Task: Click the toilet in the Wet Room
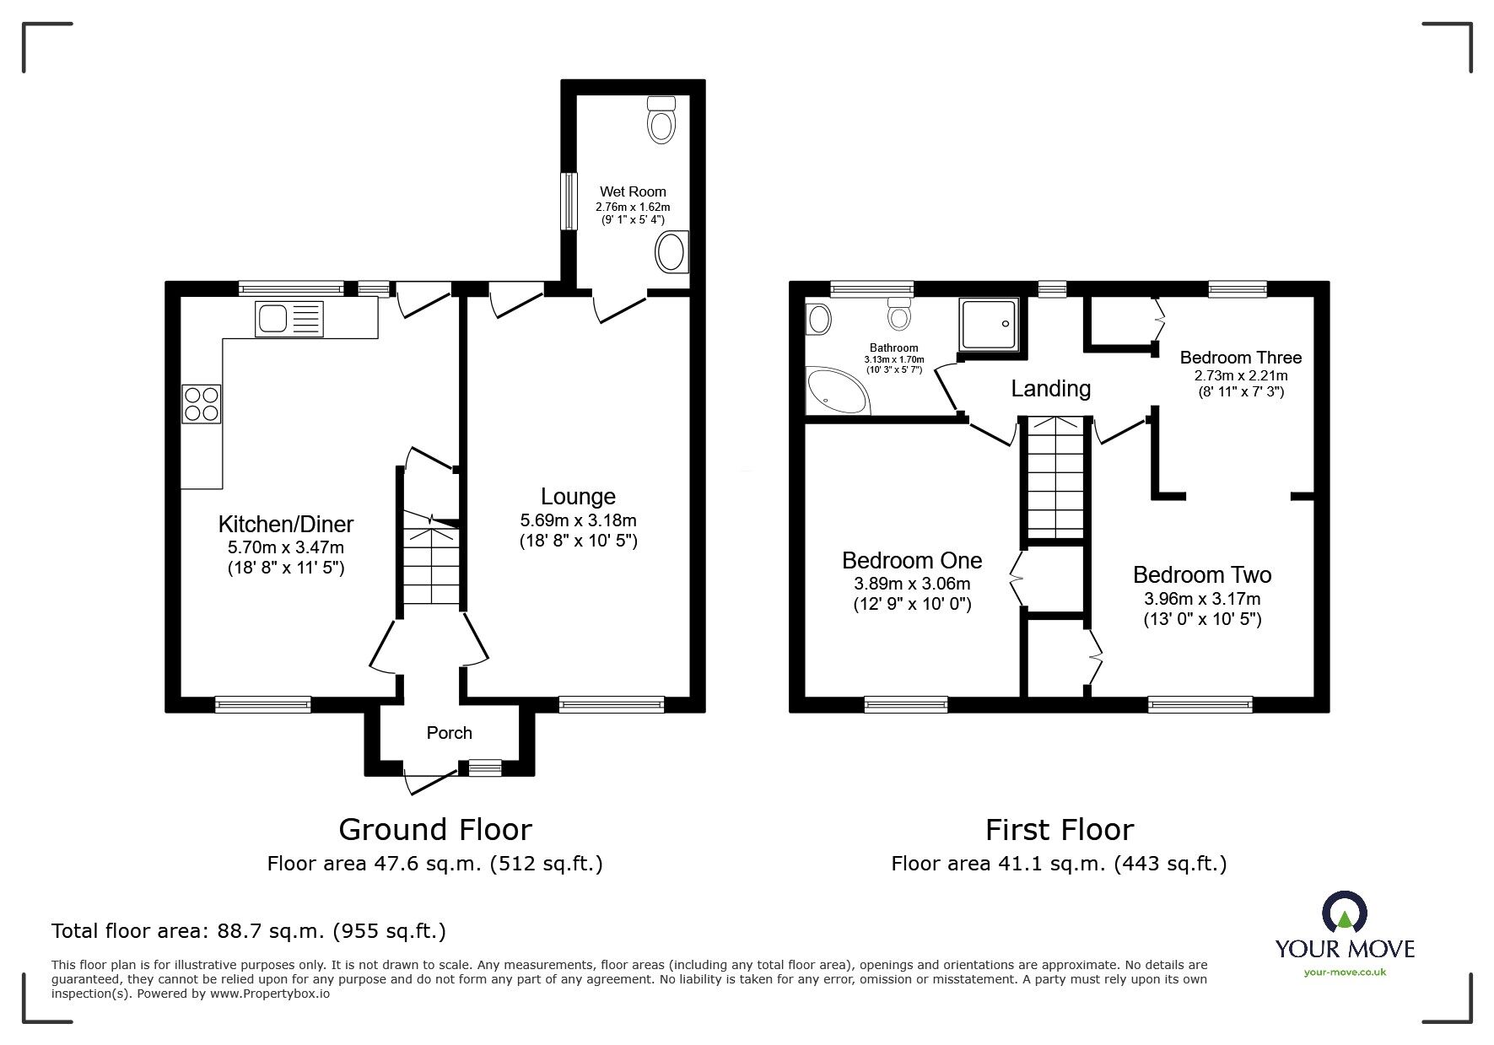(x=661, y=121)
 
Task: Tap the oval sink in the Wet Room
(x=671, y=251)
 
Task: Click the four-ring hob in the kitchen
(x=201, y=403)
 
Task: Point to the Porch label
(x=449, y=733)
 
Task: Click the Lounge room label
(x=578, y=497)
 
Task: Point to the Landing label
(x=1050, y=388)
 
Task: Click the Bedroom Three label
(x=1240, y=358)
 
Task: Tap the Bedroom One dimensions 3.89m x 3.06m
(x=912, y=584)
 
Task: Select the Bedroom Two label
(x=1201, y=575)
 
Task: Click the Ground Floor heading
(x=434, y=830)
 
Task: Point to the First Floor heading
(x=1059, y=830)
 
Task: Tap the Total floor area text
(x=249, y=931)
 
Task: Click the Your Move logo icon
(x=1344, y=913)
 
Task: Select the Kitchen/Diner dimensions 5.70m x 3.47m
(x=286, y=547)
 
